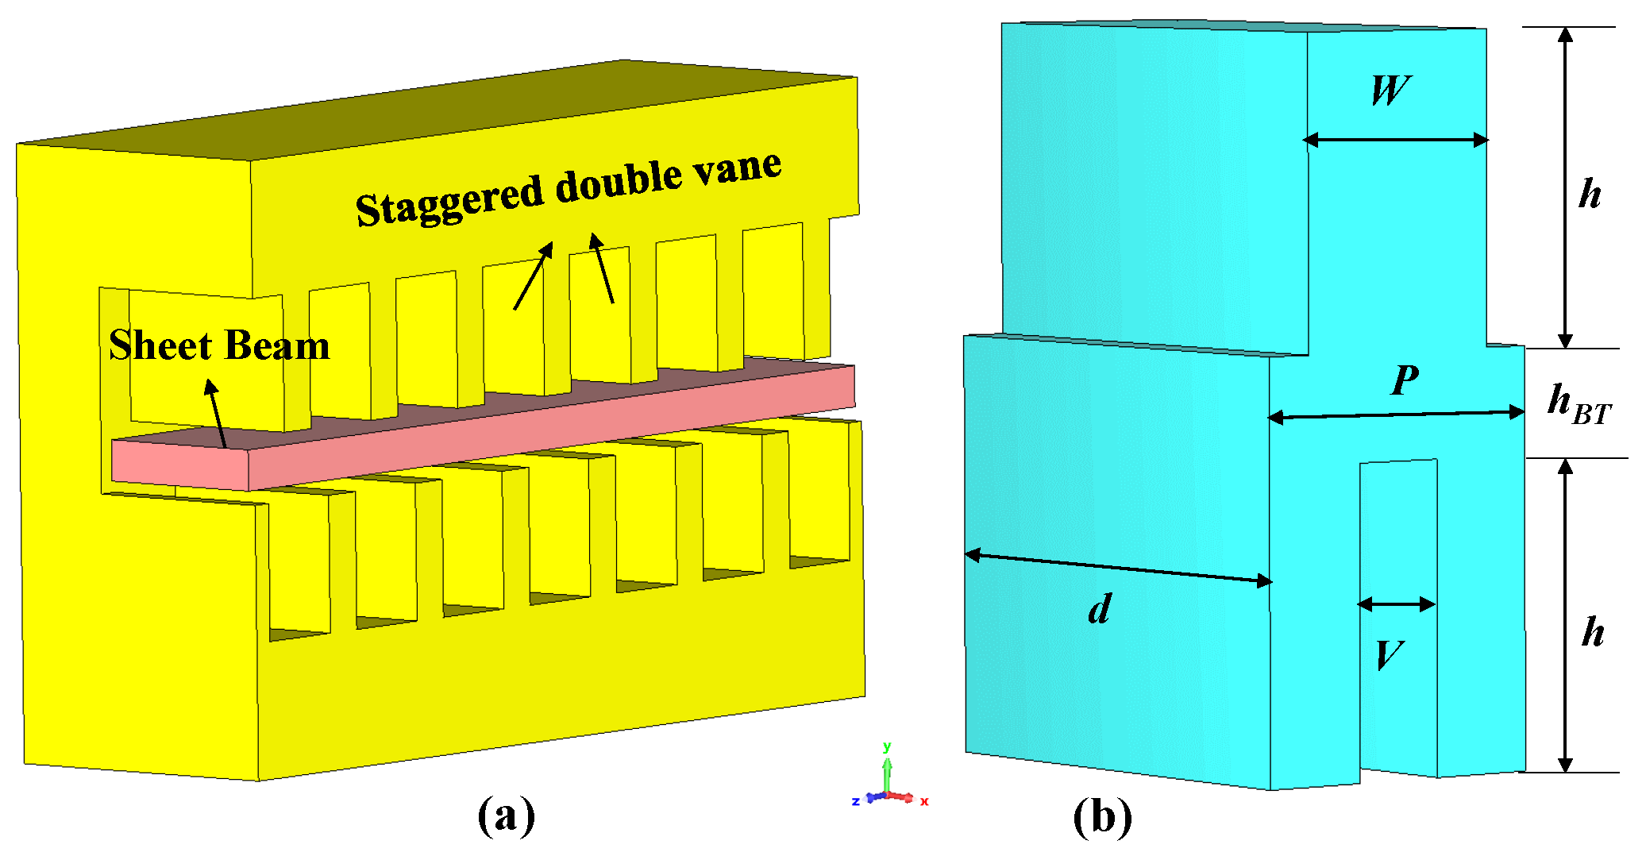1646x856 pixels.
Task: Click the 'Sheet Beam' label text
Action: click(x=219, y=346)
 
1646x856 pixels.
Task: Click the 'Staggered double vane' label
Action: click(x=568, y=188)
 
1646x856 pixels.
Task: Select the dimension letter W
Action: click(x=1390, y=91)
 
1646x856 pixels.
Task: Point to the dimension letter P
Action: click(x=1405, y=380)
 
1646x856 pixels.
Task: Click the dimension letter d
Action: click(x=1100, y=610)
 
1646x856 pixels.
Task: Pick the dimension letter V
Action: click(x=1390, y=656)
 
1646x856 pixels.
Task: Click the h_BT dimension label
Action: click(x=1579, y=404)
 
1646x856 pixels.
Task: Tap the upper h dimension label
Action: click(x=1590, y=194)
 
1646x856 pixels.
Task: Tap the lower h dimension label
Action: click(x=1593, y=632)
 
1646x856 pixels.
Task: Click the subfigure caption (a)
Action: click(x=507, y=815)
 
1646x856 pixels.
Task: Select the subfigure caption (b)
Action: click(x=1102, y=816)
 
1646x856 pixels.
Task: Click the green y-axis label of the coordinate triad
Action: click(x=887, y=746)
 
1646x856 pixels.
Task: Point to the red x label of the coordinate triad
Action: click(x=924, y=801)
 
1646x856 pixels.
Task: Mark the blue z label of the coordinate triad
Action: click(x=855, y=801)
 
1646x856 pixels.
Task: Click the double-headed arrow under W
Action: click(x=1396, y=141)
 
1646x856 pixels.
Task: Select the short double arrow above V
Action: click(x=1397, y=605)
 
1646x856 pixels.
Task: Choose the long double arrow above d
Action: click(x=1118, y=568)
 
